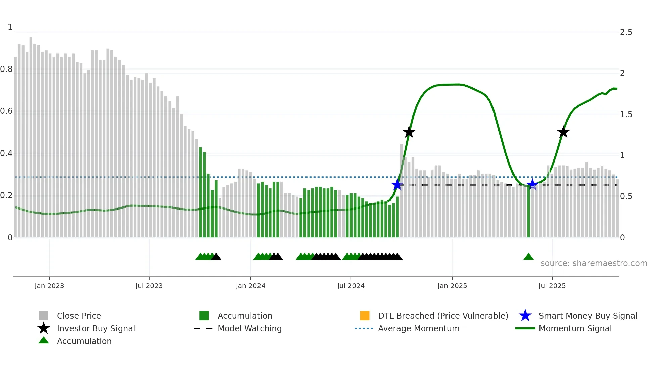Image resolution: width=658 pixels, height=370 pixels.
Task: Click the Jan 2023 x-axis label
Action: click(49, 286)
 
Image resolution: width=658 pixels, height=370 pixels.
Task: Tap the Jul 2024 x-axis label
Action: click(351, 286)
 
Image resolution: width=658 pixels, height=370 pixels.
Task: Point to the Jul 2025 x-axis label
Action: click(552, 286)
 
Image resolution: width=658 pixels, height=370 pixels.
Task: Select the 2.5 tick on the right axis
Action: click(626, 32)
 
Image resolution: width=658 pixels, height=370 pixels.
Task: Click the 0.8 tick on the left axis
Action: click(6, 69)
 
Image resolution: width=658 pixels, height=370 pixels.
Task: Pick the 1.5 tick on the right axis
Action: click(626, 114)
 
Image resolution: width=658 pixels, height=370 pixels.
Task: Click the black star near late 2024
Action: click(409, 132)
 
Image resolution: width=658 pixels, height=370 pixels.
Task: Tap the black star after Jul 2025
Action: click(563, 132)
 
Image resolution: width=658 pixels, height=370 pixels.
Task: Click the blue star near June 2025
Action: click(532, 184)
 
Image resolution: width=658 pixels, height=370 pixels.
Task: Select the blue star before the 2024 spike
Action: click(397, 184)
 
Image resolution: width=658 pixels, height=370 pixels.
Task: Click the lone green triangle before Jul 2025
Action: click(528, 257)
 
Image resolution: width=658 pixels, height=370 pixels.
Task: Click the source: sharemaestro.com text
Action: click(594, 263)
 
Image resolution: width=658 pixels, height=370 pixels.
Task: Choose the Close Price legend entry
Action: click(79, 316)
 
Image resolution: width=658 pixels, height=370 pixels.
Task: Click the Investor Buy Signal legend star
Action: click(44, 328)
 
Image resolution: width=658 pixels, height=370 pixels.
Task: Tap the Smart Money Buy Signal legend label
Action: click(588, 316)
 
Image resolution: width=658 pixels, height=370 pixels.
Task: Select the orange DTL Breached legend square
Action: click(365, 316)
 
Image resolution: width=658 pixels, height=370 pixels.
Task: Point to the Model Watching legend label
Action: click(249, 328)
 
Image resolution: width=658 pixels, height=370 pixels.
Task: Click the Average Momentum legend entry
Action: click(419, 328)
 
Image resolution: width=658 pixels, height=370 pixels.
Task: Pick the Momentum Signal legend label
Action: click(575, 328)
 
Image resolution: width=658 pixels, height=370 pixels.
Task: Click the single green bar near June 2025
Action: click(528, 212)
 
